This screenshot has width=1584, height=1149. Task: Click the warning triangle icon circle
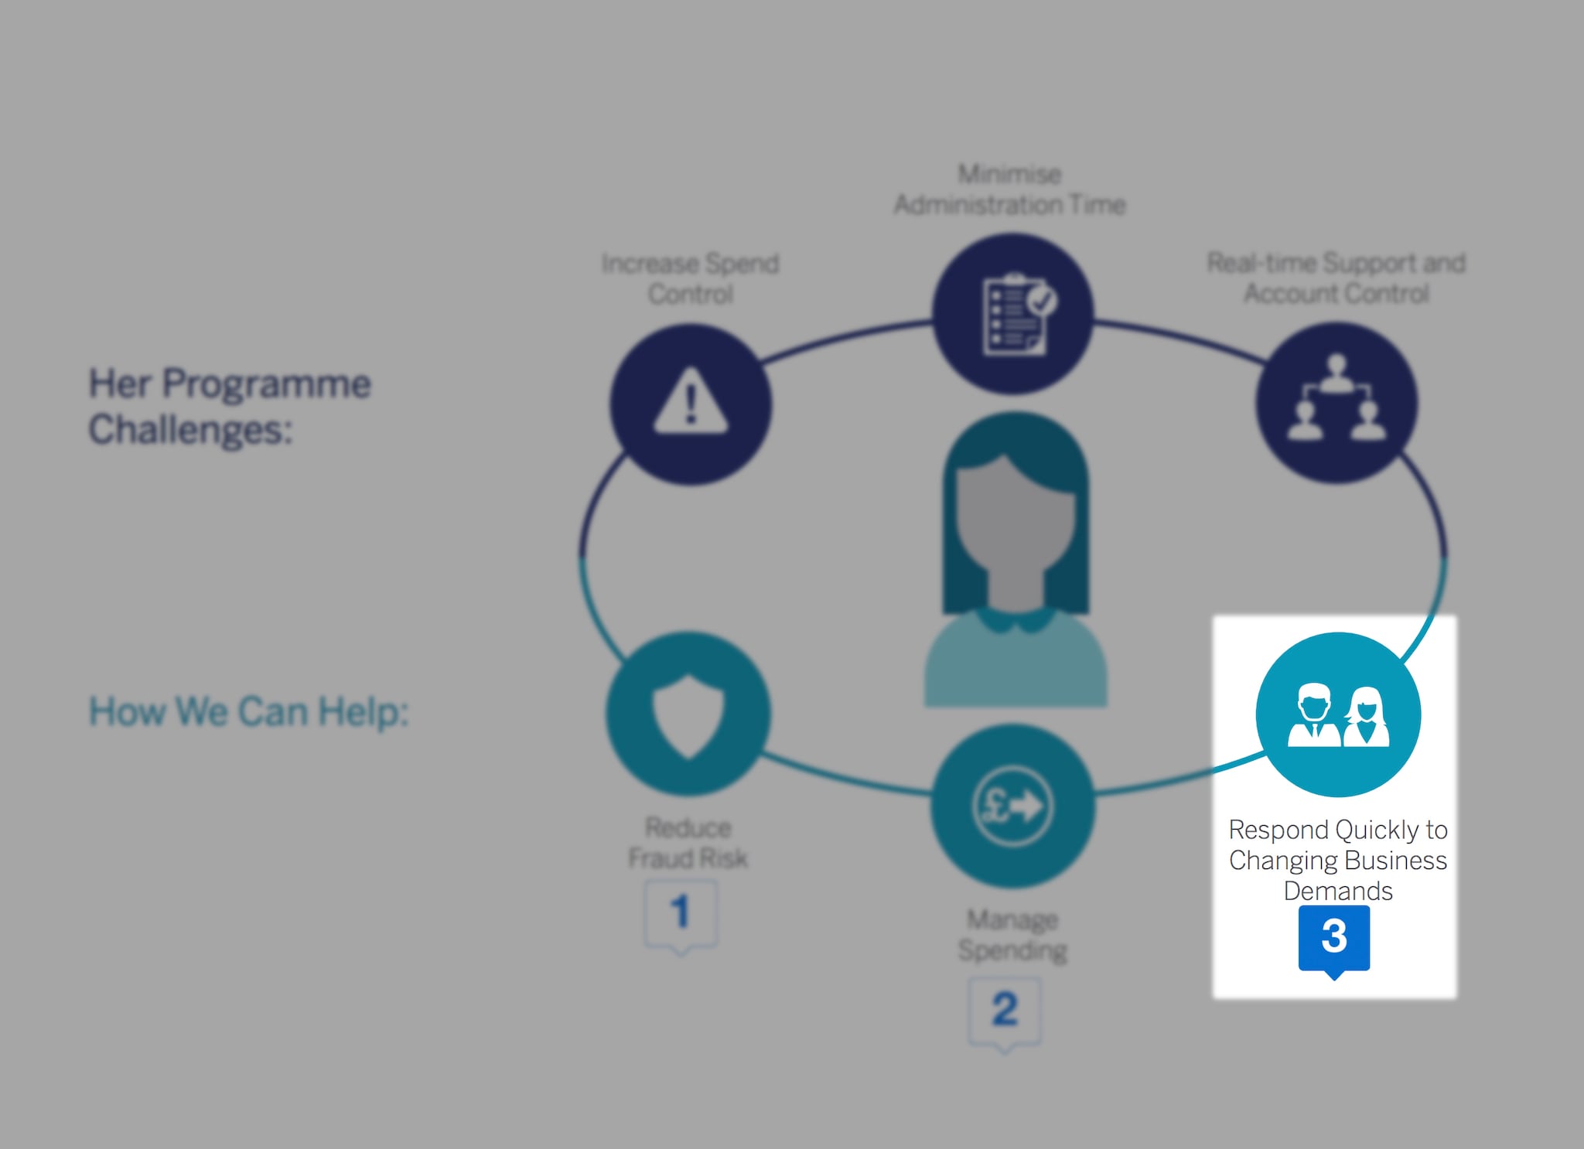click(x=691, y=404)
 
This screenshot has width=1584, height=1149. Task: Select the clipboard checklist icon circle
click(x=1012, y=313)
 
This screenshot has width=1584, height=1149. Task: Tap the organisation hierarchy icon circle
click(x=1336, y=403)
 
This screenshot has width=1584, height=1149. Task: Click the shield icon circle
click(x=688, y=713)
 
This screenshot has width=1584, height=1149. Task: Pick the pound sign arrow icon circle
click(x=1012, y=806)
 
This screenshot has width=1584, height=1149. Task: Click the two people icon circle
click(x=1338, y=714)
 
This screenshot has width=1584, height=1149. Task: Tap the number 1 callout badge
click(x=681, y=913)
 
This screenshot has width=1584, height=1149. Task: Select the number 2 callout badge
click(x=1005, y=1011)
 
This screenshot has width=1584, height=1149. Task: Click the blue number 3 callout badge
click(x=1334, y=938)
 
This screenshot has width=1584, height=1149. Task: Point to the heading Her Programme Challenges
click(x=230, y=406)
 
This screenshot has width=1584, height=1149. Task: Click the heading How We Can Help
click(x=248, y=711)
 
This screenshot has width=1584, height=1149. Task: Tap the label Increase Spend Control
click(x=691, y=278)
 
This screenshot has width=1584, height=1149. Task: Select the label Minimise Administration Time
click(x=1009, y=189)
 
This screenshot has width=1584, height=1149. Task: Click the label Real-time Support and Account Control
click(x=1336, y=278)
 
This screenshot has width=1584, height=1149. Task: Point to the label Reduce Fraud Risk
click(x=688, y=843)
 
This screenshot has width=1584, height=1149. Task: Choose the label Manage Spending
click(x=1012, y=934)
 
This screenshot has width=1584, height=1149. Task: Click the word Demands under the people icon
click(x=1338, y=891)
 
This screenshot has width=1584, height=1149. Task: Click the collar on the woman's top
click(x=1014, y=619)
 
